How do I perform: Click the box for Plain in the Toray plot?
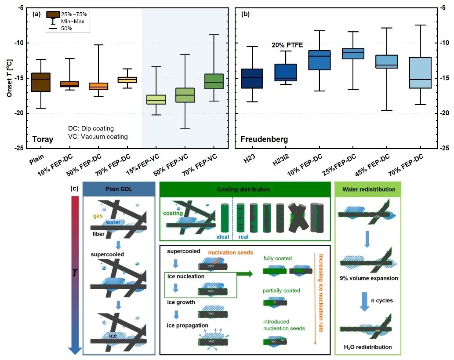pyautogui.click(x=40, y=82)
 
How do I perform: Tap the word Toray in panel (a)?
pyautogui.click(x=43, y=139)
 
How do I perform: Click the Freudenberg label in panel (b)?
pyautogui.click(x=264, y=139)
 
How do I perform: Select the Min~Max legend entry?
pyautogui.click(x=73, y=22)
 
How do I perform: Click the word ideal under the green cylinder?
pyautogui.click(x=223, y=236)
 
